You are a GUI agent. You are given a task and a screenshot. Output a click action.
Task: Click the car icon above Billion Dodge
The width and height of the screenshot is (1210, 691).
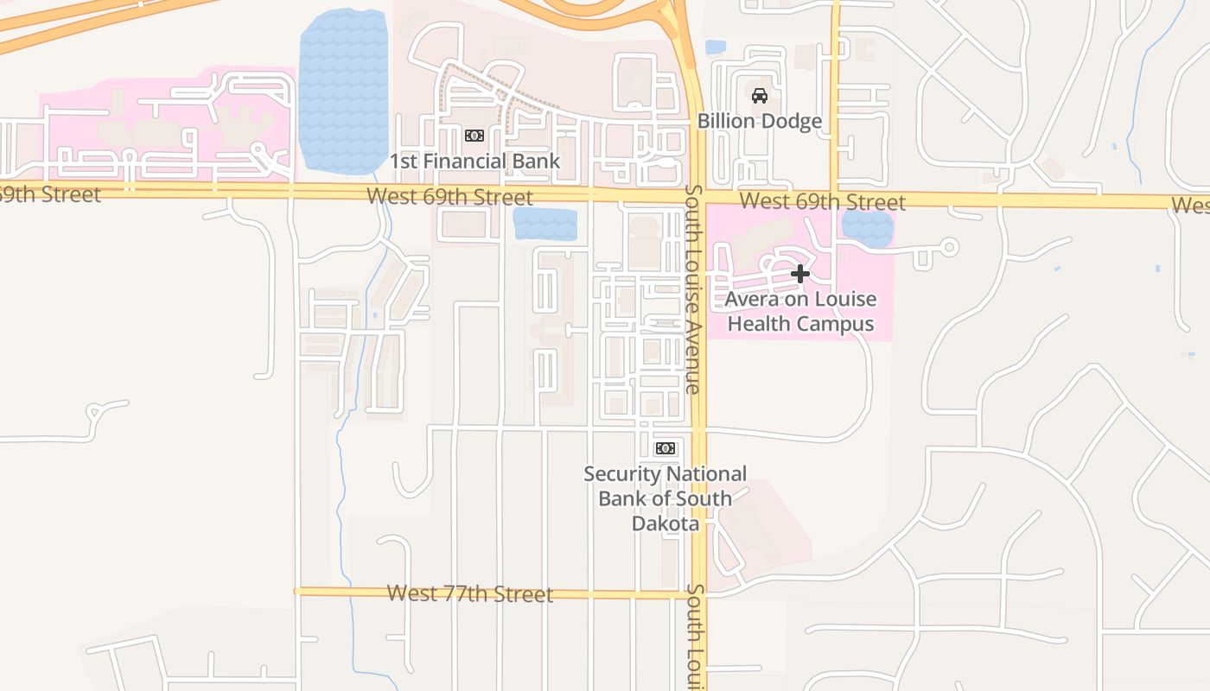tap(760, 96)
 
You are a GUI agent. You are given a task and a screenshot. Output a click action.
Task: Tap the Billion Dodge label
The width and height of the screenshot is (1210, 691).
tap(760, 121)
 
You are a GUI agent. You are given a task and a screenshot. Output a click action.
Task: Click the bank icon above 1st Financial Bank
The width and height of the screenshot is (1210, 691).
tap(474, 136)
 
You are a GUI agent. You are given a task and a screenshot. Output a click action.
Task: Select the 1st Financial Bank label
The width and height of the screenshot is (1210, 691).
tap(474, 162)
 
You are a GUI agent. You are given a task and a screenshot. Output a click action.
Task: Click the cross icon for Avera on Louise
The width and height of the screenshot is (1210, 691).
tap(800, 275)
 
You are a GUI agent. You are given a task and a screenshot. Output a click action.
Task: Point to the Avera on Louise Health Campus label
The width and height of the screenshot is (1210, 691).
tap(800, 312)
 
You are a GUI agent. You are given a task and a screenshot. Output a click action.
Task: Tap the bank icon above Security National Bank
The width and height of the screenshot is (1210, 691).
tap(665, 448)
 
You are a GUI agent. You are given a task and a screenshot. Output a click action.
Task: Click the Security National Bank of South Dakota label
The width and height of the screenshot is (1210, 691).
tap(665, 498)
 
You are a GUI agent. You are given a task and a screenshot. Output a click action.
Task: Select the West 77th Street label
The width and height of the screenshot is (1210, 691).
tap(469, 594)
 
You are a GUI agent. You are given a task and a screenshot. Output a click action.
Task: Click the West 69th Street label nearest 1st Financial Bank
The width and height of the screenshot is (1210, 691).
tap(449, 197)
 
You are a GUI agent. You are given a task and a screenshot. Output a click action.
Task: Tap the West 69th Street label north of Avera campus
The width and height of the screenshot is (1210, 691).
tap(823, 202)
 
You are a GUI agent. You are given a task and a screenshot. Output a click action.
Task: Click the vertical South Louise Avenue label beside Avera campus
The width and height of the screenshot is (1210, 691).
tap(692, 289)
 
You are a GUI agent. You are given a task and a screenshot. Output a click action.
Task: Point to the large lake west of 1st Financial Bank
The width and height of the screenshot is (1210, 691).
tap(343, 91)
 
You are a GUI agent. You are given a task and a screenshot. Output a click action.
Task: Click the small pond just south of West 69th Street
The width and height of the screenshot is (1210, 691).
tap(544, 225)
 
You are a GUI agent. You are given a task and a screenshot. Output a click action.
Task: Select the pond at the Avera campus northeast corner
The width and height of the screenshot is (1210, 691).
tap(867, 229)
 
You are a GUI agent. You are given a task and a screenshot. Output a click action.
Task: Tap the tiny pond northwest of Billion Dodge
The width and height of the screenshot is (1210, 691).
tap(716, 48)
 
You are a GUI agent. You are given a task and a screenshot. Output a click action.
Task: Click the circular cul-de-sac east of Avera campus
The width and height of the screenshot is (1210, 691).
tap(949, 248)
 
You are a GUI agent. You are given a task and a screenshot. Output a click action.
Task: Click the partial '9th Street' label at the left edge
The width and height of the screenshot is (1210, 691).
tap(50, 194)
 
